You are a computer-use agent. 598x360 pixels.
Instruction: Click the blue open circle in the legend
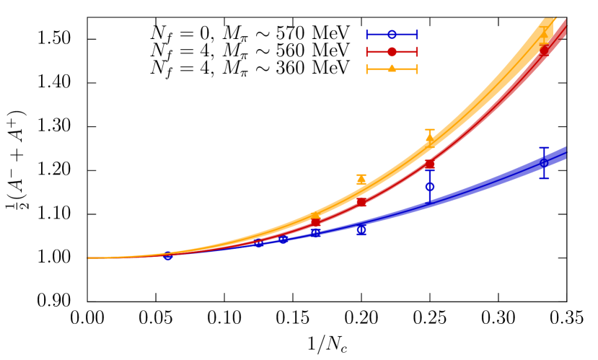pos(392,35)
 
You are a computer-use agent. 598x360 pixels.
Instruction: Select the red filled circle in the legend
pos(392,52)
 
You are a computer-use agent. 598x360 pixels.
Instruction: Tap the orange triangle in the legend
pos(392,69)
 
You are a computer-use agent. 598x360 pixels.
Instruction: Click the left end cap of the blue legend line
pos(367,35)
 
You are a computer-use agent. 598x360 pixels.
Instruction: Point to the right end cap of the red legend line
pos(417,52)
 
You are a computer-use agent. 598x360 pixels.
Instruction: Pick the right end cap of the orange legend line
pos(417,69)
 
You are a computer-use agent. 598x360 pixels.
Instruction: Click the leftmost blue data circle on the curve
pos(168,255)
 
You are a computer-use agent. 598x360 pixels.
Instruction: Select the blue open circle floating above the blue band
pos(430,187)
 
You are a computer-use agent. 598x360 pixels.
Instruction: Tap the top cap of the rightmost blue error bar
pos(544,148)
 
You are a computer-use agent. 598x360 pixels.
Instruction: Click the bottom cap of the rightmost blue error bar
pos(544,178)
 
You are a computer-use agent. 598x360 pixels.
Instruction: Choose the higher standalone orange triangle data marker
pos(430,139)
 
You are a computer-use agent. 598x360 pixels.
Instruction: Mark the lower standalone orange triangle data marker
pos(361,180)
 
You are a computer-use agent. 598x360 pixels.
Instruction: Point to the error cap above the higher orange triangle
pos(430,130)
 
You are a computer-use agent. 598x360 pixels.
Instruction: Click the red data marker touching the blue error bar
pos(430,164)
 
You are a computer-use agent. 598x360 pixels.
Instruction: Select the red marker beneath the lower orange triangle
pos(361,202)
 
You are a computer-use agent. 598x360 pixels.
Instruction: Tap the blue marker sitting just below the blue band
pos(361,230)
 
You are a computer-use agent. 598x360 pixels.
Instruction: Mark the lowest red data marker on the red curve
pos(316,221)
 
